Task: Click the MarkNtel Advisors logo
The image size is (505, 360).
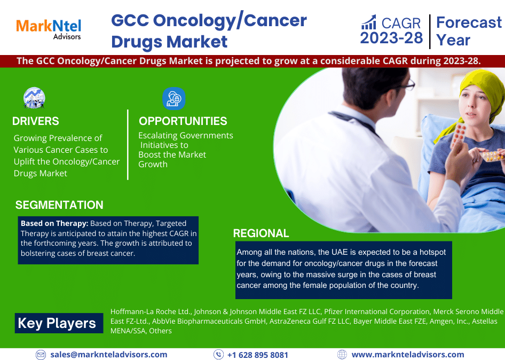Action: click(49, 29)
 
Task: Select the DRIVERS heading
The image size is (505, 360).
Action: click(36, 121)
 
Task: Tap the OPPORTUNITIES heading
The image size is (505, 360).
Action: click(183, 121)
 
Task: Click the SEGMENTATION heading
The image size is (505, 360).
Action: click(59, 205)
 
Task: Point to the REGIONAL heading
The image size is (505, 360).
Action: click(261, 233)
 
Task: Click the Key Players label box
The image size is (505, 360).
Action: click(58, 323)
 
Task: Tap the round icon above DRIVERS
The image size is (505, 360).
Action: click(34, 98)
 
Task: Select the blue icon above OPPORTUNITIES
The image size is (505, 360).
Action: click(173, 98)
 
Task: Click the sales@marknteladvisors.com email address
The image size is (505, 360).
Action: click(108, 355)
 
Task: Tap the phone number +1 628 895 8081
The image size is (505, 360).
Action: click(257, 355)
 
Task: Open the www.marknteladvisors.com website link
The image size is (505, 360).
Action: click(407, 355)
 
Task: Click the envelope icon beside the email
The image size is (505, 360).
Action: click(41, 355)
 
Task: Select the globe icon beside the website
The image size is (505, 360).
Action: click(342, 355)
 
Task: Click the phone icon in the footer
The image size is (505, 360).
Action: click(218, 355)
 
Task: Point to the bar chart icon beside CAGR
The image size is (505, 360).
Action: click(369, 22)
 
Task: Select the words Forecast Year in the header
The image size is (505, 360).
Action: click(468, 31)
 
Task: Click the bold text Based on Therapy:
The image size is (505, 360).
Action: click(54, 223)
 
